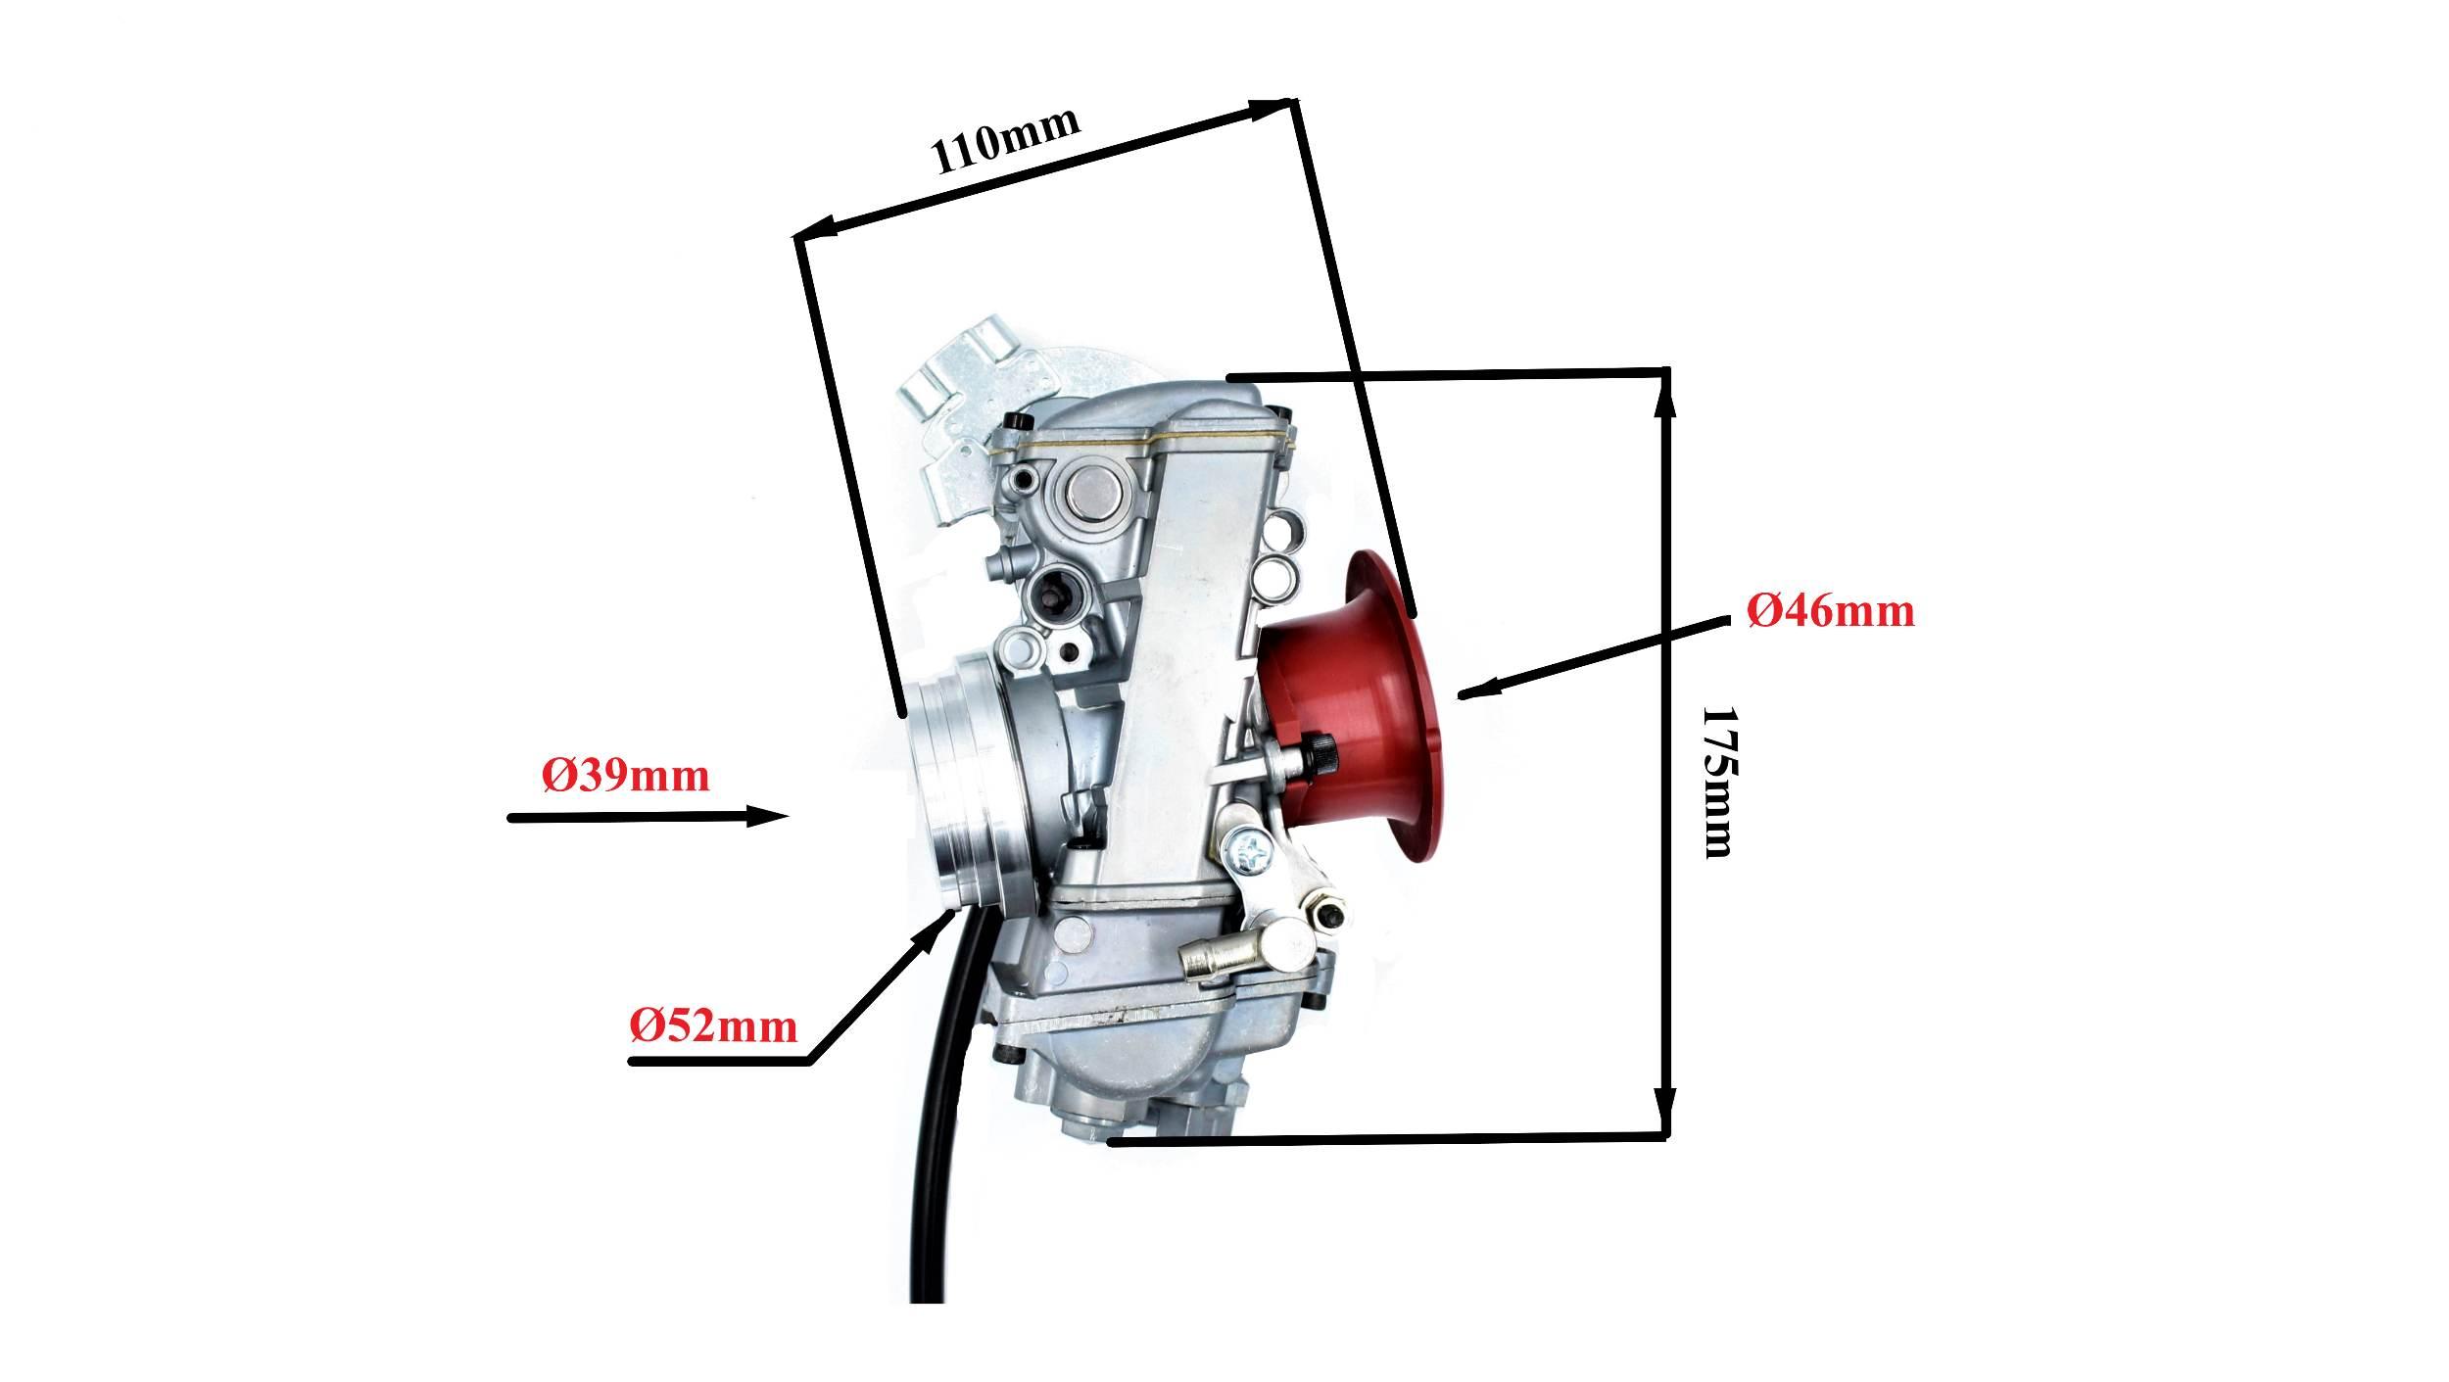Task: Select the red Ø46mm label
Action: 1831,612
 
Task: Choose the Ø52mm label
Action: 712,1027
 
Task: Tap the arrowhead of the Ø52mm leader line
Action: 932,938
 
